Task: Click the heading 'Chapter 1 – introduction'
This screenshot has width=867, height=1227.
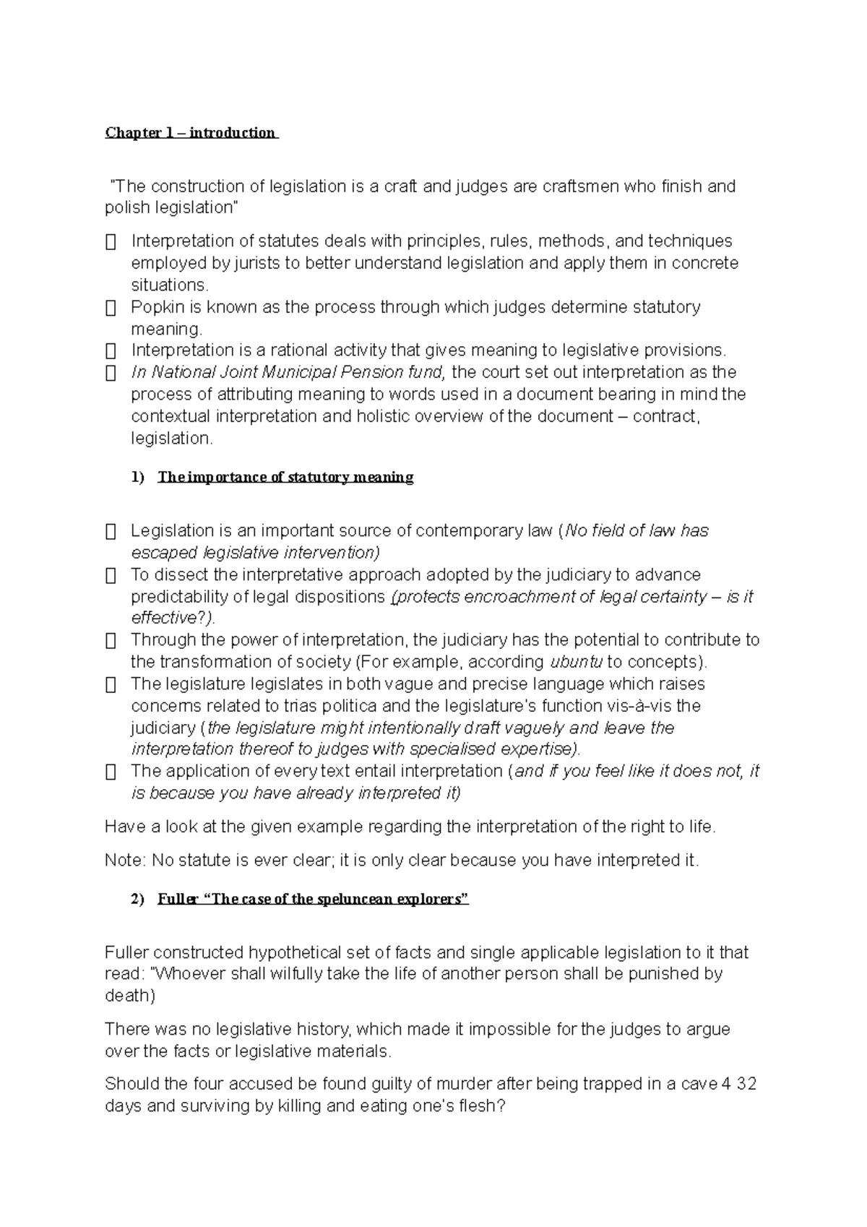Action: tap(191, 133)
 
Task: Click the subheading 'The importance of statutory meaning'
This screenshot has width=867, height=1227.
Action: tap(285, 478)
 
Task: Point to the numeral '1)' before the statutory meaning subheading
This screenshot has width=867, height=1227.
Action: tap(138, 478)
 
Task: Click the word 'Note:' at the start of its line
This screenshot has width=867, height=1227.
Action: tap(125, 861)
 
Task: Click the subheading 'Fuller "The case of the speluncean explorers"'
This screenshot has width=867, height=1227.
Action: tap(314, 900)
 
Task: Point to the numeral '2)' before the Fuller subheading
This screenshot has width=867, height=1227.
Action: tap(138, 900)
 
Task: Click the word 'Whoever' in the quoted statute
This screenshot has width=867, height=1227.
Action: tap(191, 974)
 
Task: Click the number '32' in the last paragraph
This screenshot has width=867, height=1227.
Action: tap(747, 1085)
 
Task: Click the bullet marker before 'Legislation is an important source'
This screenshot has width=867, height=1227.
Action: tap(111, 532)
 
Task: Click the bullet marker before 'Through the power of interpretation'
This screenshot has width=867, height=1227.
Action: tap(111, 641)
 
